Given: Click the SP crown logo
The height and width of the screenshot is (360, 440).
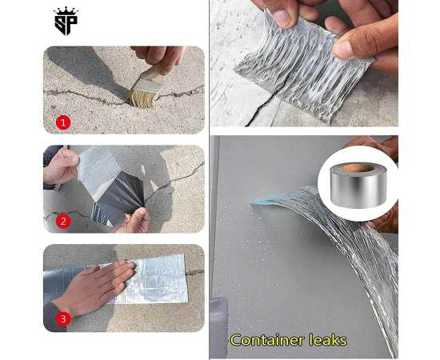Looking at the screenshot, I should [x=66, y=22].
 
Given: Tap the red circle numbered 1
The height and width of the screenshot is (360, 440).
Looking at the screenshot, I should [x=63, y=122].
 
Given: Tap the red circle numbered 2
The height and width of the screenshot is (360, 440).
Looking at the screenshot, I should [x=63, y=221].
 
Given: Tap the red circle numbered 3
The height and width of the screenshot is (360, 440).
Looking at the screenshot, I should [x=63, y=318].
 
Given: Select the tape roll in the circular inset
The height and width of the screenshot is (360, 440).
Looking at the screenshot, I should [x=357, y=183].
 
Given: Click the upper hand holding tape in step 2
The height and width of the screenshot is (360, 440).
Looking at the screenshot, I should [x=60, y=165].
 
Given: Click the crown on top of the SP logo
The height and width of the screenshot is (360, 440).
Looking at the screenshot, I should [x=66, y=11].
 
